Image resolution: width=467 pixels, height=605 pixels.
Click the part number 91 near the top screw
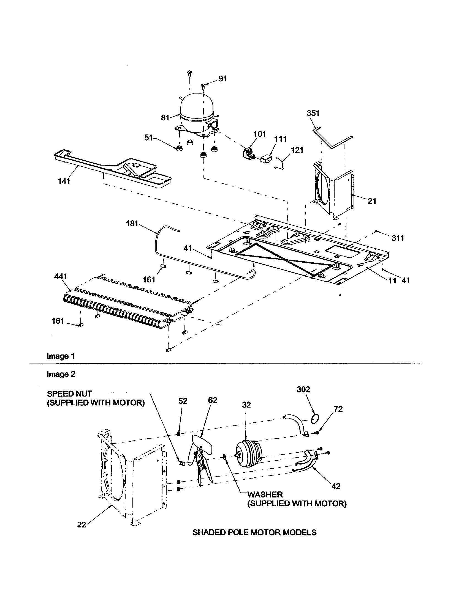[222, 79]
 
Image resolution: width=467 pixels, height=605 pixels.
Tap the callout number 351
[313, 113]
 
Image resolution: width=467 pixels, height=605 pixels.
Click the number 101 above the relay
[259, 134]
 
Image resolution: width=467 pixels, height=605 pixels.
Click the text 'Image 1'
[61, 356]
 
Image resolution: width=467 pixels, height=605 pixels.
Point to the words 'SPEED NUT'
[69, 394]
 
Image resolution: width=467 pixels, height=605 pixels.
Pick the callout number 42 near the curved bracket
[336, 486]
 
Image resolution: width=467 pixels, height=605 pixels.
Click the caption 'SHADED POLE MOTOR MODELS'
[254, 532]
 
